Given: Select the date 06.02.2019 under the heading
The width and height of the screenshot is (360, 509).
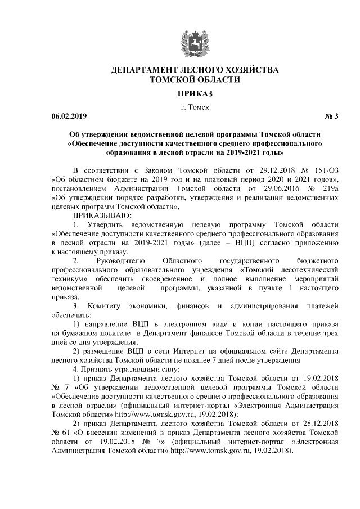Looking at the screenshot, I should click(66, 116).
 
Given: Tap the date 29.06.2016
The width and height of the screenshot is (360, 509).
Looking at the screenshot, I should click(269, 188).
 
